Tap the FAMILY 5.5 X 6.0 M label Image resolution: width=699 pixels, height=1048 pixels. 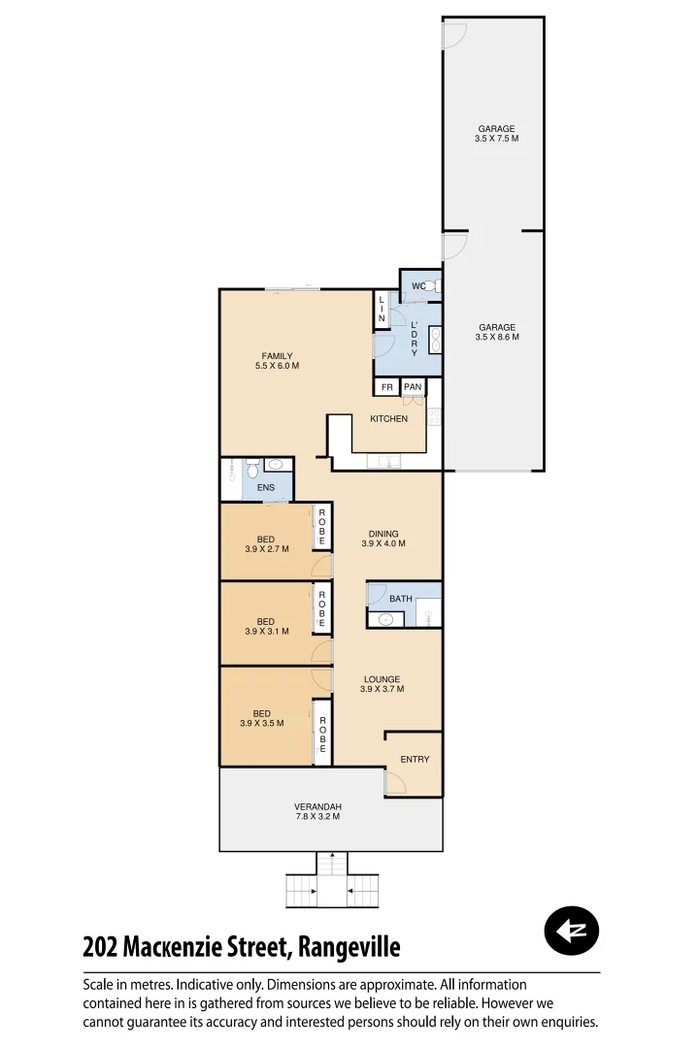(276, 361)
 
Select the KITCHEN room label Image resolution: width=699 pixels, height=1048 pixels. (388, 419)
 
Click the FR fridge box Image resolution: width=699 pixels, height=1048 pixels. (386, 387)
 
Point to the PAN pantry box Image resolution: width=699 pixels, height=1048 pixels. (413, 387)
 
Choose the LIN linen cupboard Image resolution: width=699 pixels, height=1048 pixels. (382, 310)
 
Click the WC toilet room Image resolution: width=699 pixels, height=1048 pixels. (420, 285)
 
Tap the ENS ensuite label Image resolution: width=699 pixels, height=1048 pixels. (266, 487)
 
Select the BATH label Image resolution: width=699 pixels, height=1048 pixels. (401, 599)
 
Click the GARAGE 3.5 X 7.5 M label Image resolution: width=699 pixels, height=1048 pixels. (495, 134)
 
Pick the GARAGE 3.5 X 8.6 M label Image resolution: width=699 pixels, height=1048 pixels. (496, 332)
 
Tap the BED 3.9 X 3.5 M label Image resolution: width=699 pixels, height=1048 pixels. (261, 718)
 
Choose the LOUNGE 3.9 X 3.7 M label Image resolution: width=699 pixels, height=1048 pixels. (382, 684)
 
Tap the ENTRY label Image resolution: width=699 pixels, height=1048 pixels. (415, 760)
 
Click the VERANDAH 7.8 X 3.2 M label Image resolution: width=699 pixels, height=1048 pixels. (317, 811)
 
